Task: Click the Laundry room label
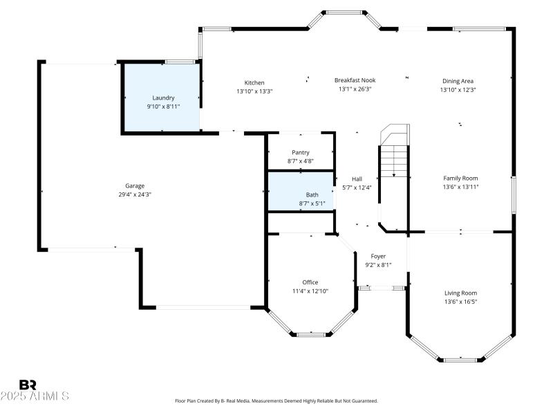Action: point(163,98)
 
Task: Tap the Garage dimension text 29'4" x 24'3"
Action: point(135,194)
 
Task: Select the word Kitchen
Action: point(254,82)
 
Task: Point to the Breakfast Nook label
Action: point(355,80)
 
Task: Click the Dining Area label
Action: point(458,81)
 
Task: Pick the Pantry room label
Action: point(301,152)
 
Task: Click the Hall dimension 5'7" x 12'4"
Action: point(357,187)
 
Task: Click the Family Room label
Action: point(460,178)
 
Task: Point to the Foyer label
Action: point(378,256)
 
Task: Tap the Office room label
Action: point(310,282)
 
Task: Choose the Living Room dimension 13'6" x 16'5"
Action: point(460,302)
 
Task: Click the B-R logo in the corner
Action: point(28,385)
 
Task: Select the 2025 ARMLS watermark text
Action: point(35,396)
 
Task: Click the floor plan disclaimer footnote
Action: point(276,400)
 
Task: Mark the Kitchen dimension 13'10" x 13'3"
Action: point(254,91)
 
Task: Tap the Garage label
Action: point(135,185)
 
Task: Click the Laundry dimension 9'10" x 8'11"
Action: point(163,107)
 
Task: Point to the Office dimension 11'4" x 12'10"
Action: point(310,290)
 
